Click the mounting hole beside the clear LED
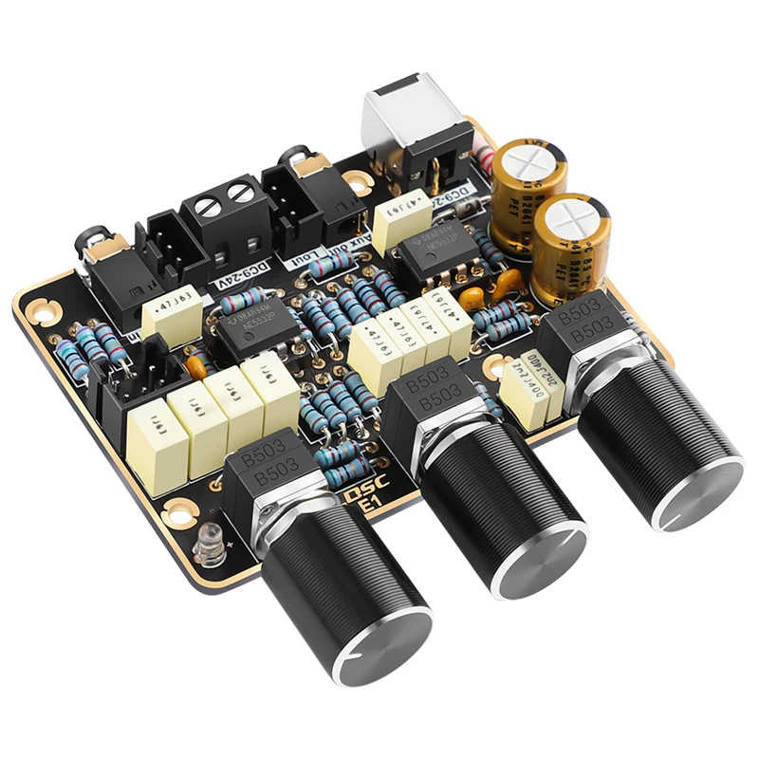click(177, 514)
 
